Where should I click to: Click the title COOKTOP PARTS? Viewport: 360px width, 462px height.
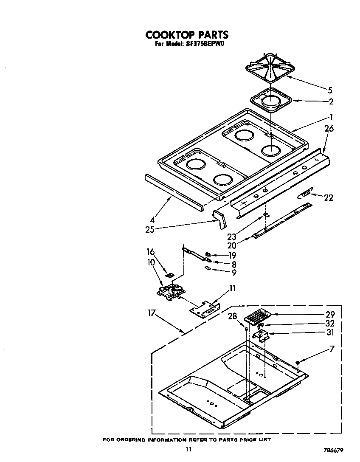point(186,34)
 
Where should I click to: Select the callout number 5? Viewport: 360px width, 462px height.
point(330,90)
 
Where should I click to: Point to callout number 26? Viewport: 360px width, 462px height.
point(329,129)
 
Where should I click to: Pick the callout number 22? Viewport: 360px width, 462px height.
point(328,197)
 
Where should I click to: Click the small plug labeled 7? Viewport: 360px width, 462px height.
point(298,362)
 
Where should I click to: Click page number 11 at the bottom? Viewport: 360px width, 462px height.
point(188,450)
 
